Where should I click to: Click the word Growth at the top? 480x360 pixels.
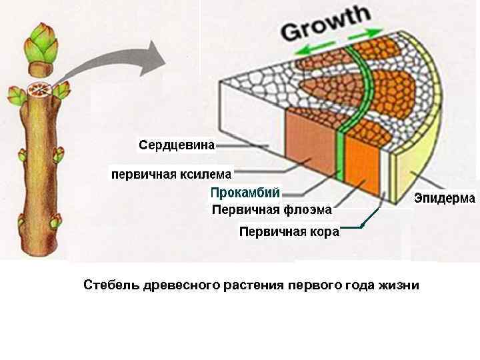tap(327, 25)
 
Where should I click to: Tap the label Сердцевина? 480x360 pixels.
tap(177, 145)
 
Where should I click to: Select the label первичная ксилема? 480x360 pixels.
tap(171, 175)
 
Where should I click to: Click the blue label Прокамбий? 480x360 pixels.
tap(245, 193)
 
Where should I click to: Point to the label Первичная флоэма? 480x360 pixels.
tap(271, 210)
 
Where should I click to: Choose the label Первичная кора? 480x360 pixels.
tap(289, 232)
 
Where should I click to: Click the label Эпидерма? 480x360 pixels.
tap(445, 198)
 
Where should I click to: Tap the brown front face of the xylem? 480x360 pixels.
tap(311, 147)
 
